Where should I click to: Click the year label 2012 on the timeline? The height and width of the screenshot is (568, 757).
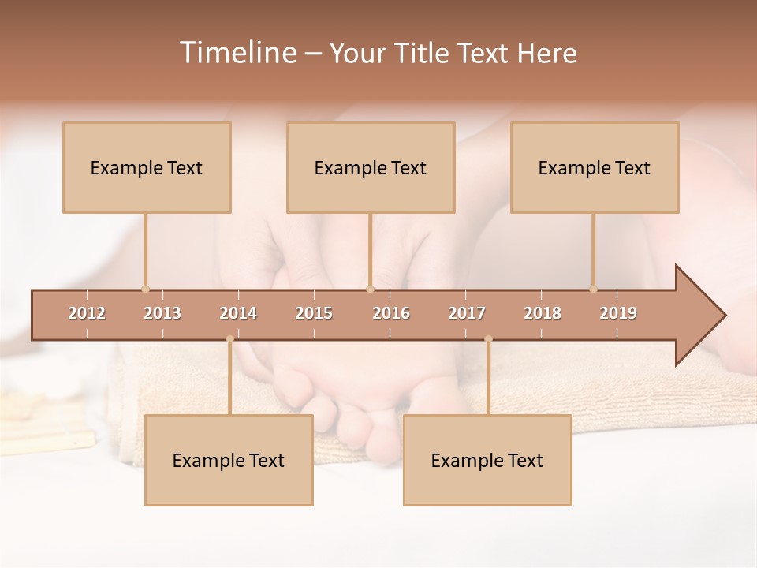87,313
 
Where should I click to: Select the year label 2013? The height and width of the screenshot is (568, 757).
162,313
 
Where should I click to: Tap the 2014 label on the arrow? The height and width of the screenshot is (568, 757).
238,313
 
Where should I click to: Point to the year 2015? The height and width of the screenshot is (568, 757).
314,313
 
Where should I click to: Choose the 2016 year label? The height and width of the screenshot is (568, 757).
391,313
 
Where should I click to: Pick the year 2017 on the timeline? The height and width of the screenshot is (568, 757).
467,313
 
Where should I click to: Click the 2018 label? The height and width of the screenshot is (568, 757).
543,313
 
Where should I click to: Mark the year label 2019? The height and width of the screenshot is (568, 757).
618,313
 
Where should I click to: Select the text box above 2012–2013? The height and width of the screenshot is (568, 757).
147,167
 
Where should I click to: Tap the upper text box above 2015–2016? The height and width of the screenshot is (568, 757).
371,167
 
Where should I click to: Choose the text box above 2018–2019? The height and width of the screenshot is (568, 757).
595,167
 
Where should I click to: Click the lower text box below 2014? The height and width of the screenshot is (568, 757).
229,460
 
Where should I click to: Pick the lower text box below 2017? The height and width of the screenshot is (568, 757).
487,460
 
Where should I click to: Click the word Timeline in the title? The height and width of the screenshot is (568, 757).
237,53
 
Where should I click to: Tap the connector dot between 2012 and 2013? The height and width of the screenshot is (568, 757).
145,289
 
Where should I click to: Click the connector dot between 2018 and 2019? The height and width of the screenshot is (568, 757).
593,289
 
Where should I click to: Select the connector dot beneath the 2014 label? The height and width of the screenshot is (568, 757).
229,339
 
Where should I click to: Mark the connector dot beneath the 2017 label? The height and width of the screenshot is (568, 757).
488,339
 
